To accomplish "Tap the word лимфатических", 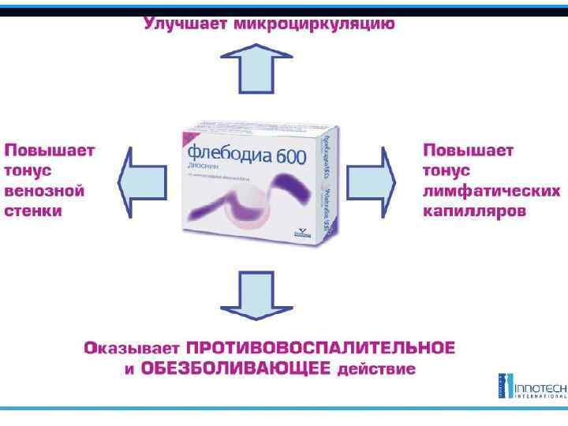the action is (491, 192).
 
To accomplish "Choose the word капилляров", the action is (474, 212).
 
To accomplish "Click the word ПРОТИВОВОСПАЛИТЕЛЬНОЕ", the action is (320, 348).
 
